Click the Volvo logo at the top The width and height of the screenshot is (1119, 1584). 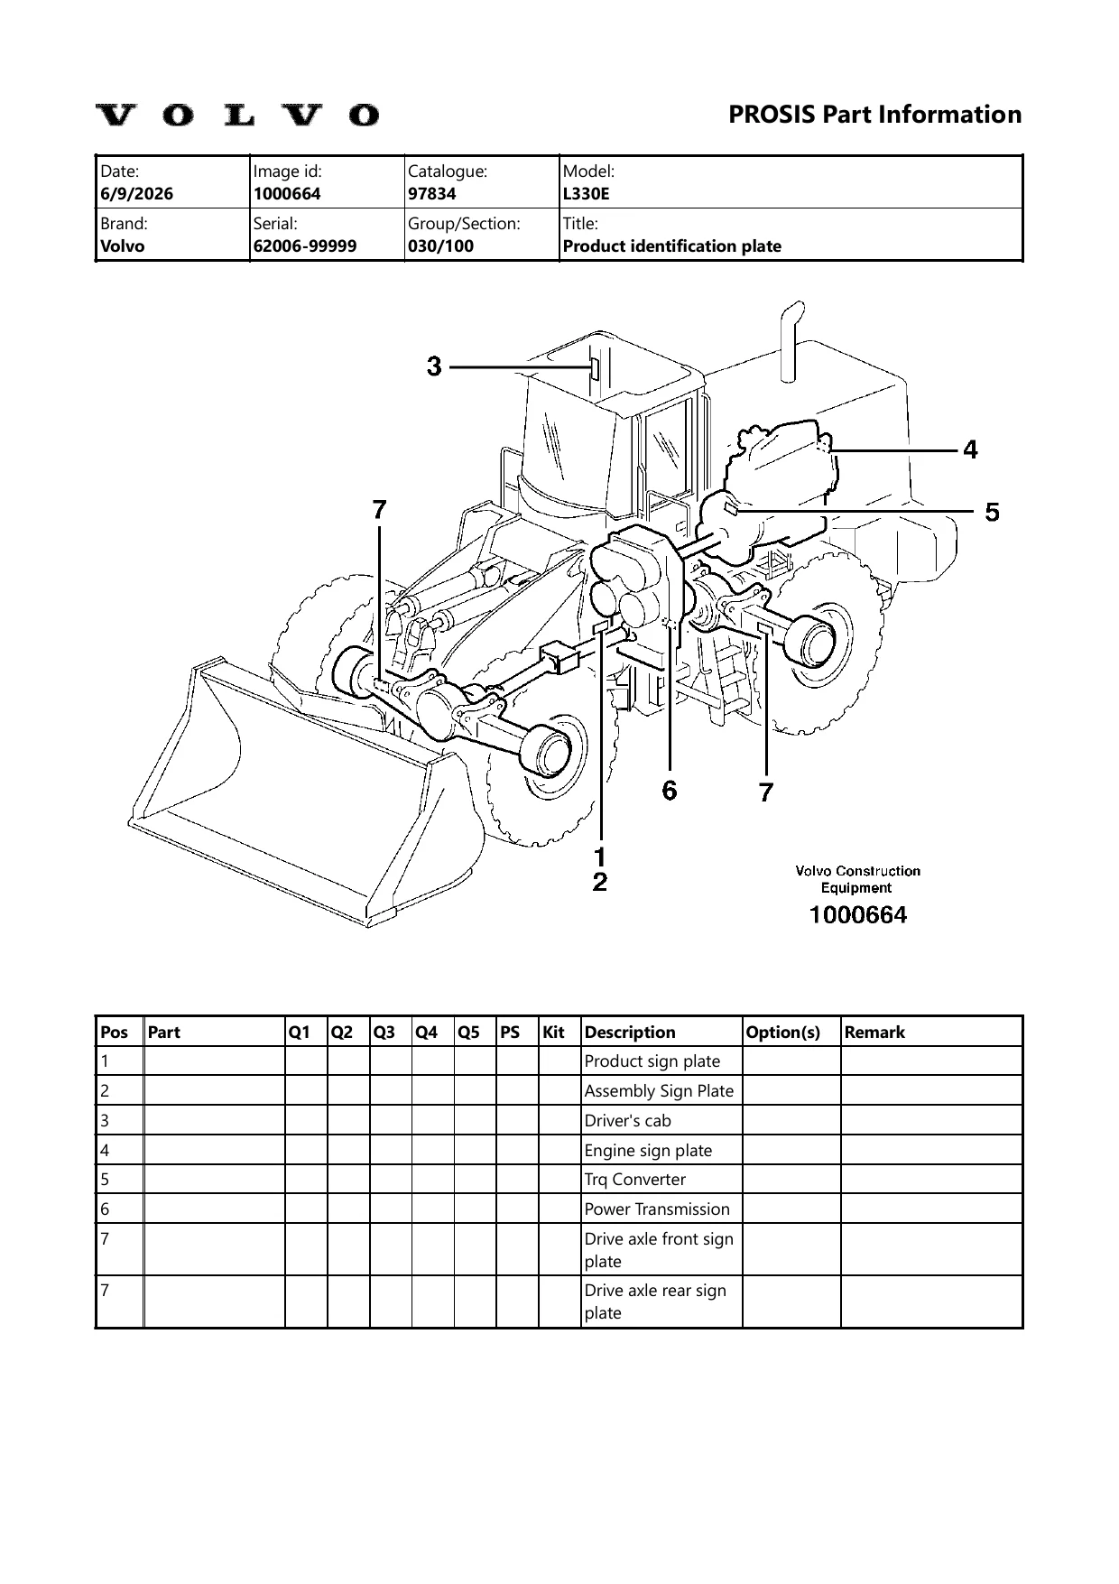[237, 115]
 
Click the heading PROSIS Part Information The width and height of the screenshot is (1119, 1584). [874, 115]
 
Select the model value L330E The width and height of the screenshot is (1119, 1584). [586, 193]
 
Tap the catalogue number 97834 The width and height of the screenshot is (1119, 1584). [432, 193]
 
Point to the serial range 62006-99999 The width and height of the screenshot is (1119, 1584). [305, 245]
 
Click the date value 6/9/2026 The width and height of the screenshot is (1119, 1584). [137, 193]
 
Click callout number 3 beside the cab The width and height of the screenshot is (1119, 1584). [434, 366]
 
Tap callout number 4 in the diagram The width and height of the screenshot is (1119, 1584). [970, 449]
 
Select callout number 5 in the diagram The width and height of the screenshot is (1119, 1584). [992, 513]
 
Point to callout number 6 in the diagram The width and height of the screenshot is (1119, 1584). [669, 791]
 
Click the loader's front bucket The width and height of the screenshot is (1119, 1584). [298, 794]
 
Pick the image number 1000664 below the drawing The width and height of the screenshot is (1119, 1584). [858, 915]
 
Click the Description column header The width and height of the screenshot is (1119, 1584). [630, 1032]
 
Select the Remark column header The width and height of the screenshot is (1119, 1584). [874, 1032]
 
